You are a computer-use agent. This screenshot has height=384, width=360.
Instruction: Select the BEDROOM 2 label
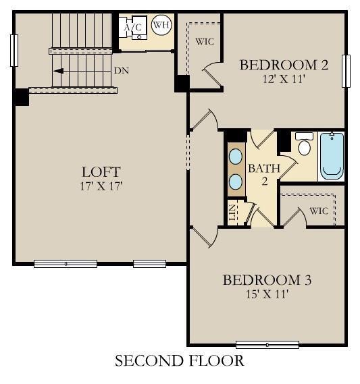click(284, 65)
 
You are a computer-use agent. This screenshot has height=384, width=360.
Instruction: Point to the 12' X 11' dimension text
click(284, 78)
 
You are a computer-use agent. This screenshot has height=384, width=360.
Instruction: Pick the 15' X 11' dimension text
click(267, 293)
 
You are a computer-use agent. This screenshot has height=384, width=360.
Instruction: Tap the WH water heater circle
click(161, 26)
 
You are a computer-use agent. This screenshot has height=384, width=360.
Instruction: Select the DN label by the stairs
click(121, 70)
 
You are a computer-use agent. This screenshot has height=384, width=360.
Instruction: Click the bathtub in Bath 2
click(331, 155)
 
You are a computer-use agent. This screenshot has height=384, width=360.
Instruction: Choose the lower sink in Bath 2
click(236, 181)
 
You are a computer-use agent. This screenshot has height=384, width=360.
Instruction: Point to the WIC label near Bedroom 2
click(205, 41)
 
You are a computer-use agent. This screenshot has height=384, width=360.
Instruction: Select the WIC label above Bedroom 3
click(319, 211)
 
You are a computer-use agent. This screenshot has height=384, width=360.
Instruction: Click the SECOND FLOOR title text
click(179, 361)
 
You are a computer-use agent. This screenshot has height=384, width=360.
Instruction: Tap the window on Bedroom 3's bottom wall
click(267, 345)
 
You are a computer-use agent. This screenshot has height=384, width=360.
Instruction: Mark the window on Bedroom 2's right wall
click(347, 71)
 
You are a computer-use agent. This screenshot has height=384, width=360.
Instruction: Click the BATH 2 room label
click(259, 173)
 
